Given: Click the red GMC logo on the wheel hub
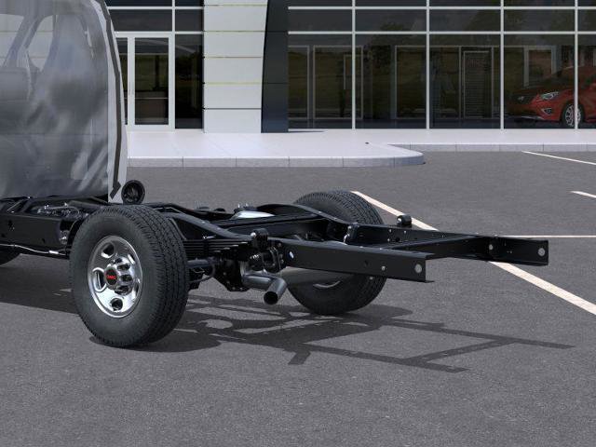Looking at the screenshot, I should click(x=114, y=277).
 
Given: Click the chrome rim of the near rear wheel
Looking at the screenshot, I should click(x=115, y=276).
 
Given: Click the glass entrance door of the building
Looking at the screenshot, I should click(x=150, y=81).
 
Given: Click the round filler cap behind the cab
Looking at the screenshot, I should click(x=133, y=192).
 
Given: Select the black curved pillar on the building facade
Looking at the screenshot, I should click(x=276, y=65).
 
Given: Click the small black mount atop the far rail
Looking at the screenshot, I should click(x=403, y=221).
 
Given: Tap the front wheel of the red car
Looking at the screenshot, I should click(x=571, y=115).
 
